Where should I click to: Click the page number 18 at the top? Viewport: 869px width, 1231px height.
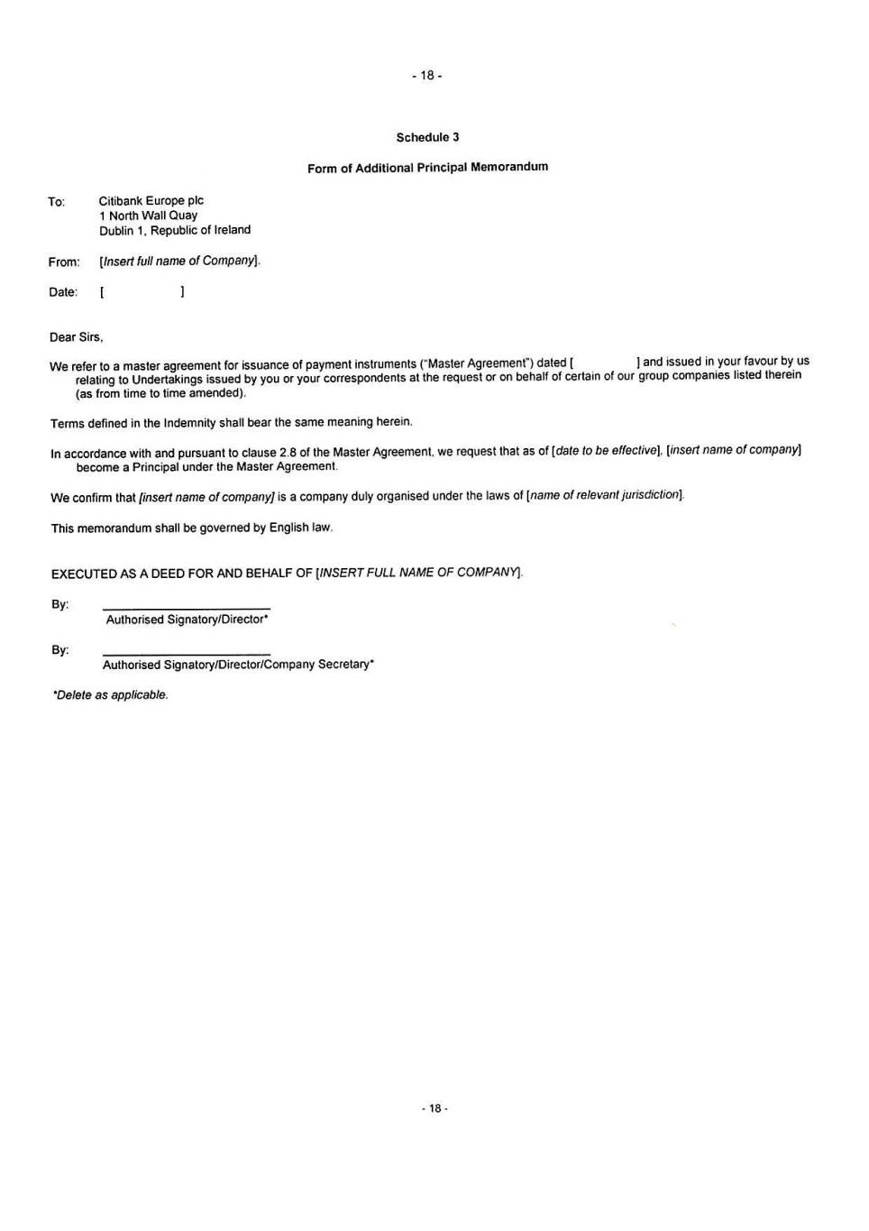[426, 76]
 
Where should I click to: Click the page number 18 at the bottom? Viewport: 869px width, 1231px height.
[434, 1108]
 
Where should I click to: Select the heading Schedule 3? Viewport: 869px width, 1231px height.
[427, 137]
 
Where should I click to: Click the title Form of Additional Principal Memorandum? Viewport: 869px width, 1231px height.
[427, 168]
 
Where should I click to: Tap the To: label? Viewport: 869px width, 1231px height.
[57, 202]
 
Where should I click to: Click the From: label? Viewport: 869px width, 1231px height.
[64, 262]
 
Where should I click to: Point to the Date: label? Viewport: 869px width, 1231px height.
[63, 292]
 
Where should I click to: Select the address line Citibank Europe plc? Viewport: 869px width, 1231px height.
[151, 201]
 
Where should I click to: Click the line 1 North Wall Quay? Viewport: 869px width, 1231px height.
[149, 216]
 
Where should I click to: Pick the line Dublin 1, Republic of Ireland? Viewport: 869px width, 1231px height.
[175, 230]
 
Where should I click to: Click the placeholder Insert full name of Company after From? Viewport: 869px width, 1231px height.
[179, 262]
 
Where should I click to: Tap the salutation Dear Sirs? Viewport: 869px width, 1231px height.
[77, 337]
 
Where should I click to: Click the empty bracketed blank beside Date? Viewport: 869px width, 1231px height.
[142, 292]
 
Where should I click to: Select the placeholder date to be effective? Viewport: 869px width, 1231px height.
[608, 450]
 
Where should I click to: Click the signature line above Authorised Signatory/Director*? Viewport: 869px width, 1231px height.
[187, 608]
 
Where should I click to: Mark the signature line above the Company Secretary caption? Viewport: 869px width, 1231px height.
[187, 653]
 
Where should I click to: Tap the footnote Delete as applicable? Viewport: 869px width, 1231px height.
[111, 695]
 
